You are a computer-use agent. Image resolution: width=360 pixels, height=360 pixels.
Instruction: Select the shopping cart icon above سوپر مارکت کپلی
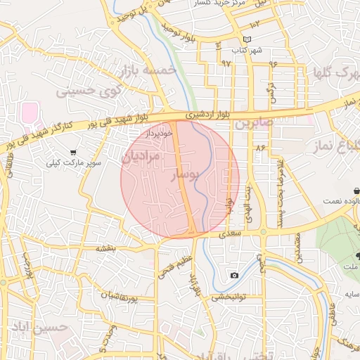73,152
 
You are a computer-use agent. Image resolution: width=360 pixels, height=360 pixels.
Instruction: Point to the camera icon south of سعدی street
233,275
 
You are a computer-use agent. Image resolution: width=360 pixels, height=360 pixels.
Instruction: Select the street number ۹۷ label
226,63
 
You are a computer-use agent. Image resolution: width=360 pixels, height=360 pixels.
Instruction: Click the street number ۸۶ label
260,148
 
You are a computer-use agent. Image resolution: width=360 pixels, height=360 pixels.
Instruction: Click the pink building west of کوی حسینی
29,112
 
